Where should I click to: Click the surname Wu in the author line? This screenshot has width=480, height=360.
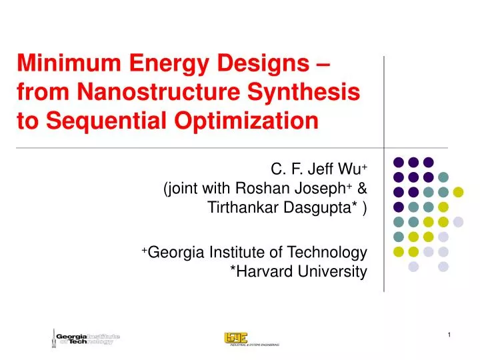pyautogui.click(x=351, y=167)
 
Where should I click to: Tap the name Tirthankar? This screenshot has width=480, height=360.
pyautogui.click(x=241, y=209)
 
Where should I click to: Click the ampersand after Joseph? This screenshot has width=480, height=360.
pyautogui.click(x=362, y=188)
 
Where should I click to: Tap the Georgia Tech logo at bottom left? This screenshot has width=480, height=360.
pyautogui.click(x=85, y=338)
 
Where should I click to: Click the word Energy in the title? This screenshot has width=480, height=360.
pyautogui.click(x=164, y=65)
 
